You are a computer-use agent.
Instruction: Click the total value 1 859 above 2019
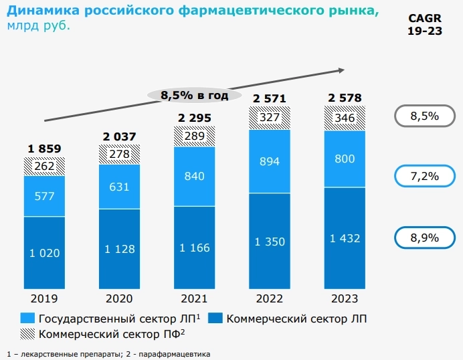pyautogui.click(x=44, y=149)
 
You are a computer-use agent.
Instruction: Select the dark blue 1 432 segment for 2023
pyautogui.click(x=345, y=239)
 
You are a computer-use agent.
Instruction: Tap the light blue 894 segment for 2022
pyautogui.click(x=270, y=161)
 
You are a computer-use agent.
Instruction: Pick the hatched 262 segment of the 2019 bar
pyautogui.click(x=44, y=166)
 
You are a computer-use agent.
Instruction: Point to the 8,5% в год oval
pyautogui.click(x=194, y=95)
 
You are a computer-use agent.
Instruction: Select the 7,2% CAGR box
pyautogui.click(x=424, y=177)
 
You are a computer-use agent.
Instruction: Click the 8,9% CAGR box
pyautogui.click(x=424, y=238)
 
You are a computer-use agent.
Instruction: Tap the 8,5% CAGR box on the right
pyautogui.click(x=424, y=116)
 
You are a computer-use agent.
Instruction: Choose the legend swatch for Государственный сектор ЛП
pyautogui.click(x=28, y=319)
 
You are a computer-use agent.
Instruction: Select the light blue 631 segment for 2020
pyautogui.click(x=119, y=187)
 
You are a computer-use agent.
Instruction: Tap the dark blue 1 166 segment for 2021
pyautogui.click(x=194, y=248)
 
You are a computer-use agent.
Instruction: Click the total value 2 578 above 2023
pyautogui.click(x=345, y=98)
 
